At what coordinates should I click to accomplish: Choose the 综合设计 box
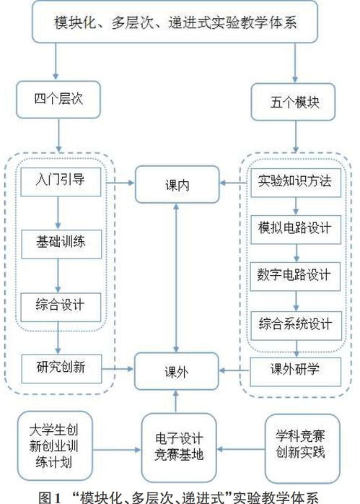tap(59, 304)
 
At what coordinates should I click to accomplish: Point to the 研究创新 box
tap(59, 367)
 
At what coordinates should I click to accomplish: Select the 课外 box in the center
tap(176, 373)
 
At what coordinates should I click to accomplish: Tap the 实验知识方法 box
tap(294, 181)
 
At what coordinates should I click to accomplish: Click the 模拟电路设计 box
tap(294, 228)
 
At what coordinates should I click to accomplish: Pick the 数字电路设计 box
tap(294, 275)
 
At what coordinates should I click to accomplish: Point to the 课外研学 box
tap(294, 370)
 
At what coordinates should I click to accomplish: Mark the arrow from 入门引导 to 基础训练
tap(59, 211)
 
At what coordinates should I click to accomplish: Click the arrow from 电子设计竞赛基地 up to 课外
tap(176, 401)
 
